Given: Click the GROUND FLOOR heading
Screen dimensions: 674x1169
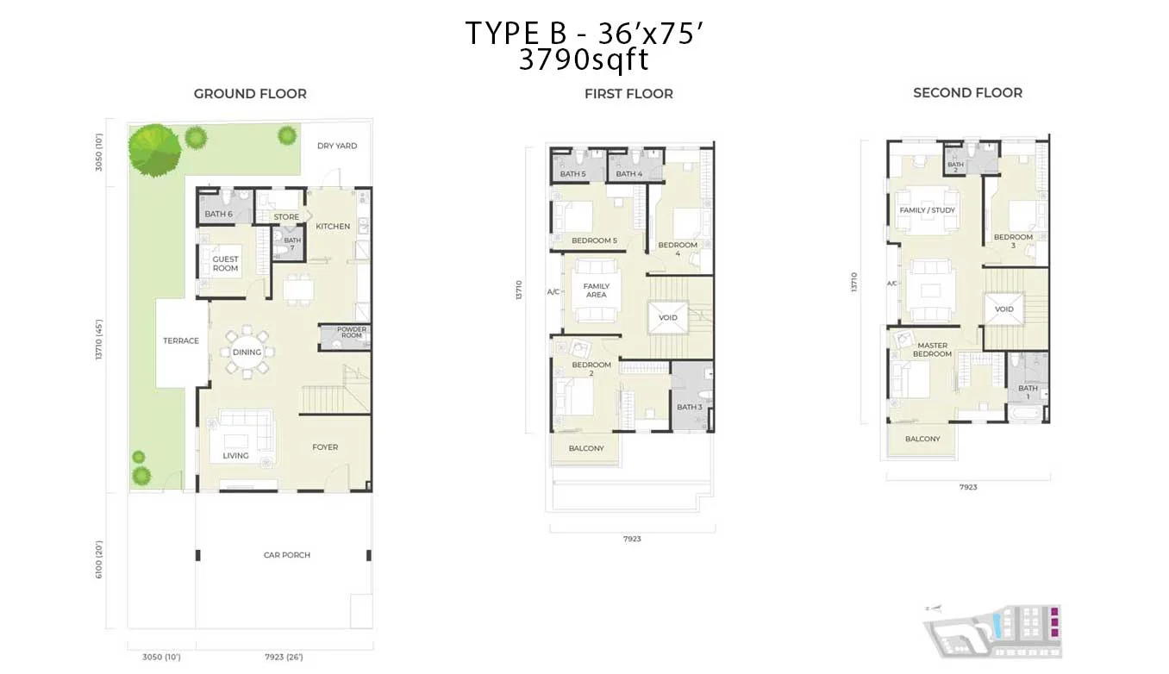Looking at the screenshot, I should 250,94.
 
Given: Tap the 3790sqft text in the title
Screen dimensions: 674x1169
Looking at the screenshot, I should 583,60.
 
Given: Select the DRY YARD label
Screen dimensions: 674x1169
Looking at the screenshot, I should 337,147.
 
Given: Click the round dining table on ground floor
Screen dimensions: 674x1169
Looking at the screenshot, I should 247,352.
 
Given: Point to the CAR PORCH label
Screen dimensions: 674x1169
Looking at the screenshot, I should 287,555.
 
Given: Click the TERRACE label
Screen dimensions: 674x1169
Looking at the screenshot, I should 181,340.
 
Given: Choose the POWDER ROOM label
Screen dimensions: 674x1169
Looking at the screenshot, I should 352,333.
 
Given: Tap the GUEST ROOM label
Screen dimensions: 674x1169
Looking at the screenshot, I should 225,264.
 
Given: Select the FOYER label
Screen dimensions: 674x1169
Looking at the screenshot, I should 325,447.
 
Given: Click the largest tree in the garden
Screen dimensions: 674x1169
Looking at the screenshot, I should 154,150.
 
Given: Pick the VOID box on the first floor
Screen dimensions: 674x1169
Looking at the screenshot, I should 668,317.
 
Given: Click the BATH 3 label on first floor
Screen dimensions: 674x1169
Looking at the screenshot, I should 689,408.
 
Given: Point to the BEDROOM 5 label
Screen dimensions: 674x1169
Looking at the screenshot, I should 595,240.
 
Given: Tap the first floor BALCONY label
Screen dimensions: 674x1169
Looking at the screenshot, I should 586,448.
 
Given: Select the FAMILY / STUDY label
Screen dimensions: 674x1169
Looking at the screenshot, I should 927,210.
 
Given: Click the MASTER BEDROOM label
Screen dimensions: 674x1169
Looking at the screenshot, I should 932,350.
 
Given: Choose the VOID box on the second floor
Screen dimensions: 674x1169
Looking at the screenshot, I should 1004,309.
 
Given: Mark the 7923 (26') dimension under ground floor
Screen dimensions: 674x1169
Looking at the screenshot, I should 285,657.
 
